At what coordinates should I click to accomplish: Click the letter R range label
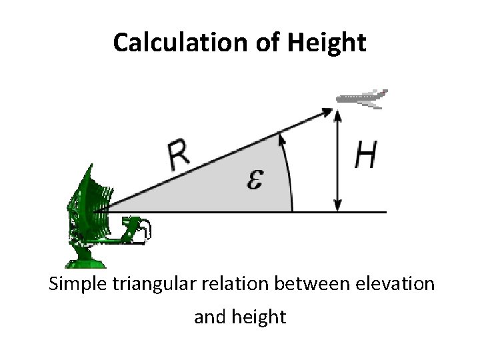point(178,157)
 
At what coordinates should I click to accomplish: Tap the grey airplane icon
point(363,97)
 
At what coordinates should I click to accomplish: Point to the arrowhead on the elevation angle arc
point(282,137)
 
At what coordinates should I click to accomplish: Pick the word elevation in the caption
point(398,285)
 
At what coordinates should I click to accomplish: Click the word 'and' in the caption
point(209,317)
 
